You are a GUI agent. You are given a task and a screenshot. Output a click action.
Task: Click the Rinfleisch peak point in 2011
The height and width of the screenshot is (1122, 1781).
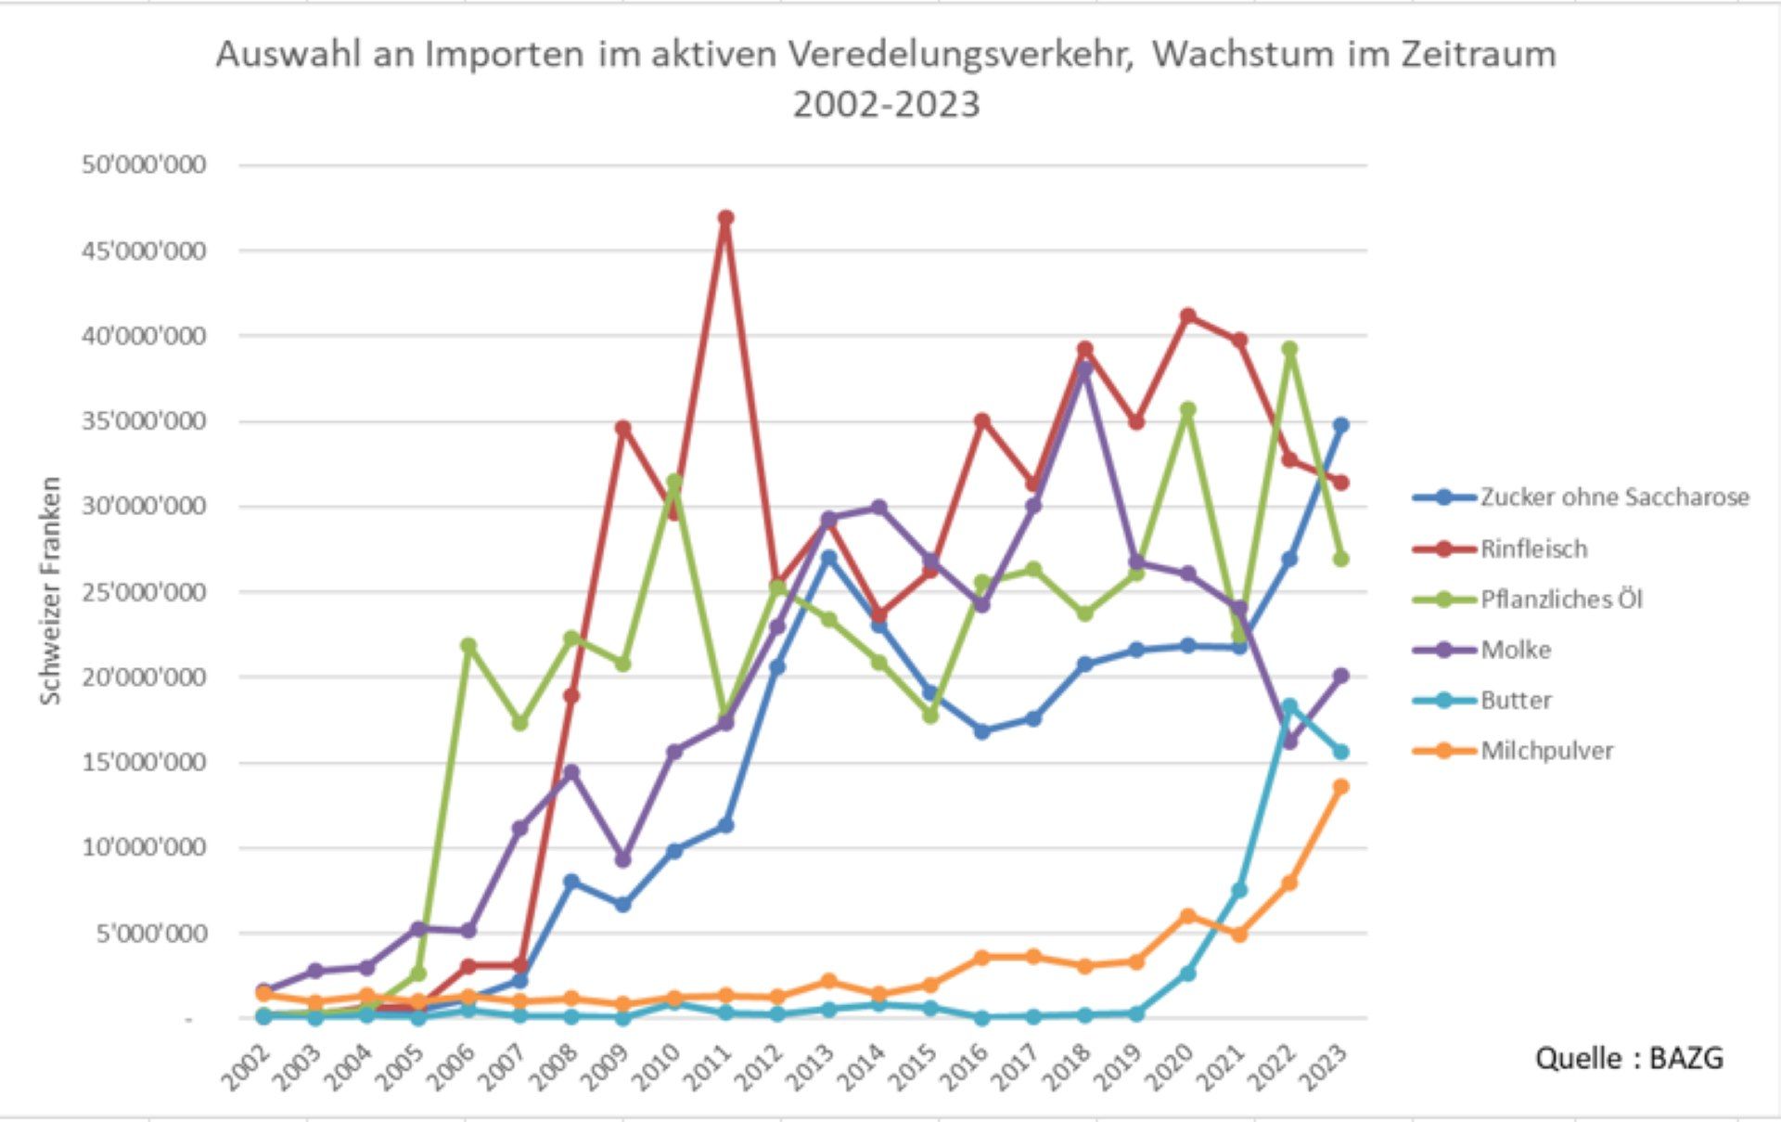click(725, 218)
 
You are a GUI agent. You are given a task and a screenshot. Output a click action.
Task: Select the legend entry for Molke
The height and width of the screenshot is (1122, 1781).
click(1515, 650)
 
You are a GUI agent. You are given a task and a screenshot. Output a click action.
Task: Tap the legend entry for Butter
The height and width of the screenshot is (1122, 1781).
click(1515, 701)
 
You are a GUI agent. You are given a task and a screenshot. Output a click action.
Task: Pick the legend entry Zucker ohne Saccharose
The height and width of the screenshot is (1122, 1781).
click(1613, 497)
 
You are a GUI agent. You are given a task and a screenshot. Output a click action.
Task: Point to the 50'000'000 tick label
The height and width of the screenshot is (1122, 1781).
click(144, 165)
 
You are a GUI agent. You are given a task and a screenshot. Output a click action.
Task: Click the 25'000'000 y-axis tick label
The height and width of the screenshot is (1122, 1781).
click(144, 592)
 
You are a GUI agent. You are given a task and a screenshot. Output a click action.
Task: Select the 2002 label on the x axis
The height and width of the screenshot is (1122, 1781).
click(247, 1067)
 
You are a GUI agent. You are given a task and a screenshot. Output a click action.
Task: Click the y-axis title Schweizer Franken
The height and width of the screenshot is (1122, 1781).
click(51, 590)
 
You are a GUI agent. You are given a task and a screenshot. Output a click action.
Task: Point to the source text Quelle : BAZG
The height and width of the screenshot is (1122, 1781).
click(1629, 1059)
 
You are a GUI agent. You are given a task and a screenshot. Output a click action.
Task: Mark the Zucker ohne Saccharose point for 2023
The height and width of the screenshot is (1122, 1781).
click(1340, 425)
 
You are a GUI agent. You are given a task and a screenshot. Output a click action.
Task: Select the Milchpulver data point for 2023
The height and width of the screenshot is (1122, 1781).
click(1340, 787)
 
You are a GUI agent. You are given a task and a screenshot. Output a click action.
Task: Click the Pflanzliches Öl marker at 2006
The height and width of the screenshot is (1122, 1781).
click(468, 645)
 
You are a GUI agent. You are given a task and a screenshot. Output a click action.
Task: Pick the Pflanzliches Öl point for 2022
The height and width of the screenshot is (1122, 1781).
click(1288, 349)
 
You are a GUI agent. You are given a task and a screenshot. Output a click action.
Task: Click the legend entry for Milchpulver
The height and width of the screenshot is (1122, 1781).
click(1546, 751)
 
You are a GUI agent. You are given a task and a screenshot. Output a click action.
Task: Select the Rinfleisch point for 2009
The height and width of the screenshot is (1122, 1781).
click(622, 428)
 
